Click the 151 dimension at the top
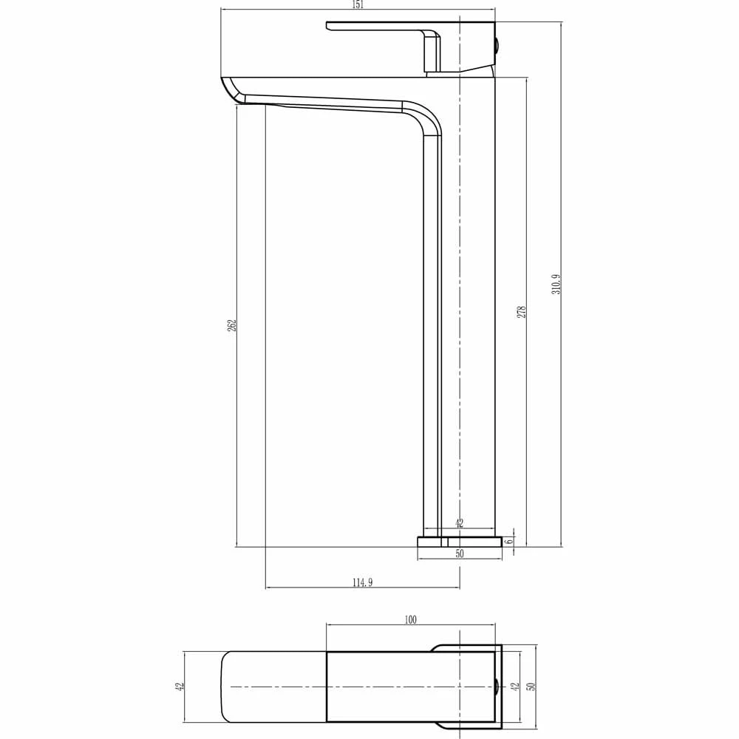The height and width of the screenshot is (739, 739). (358, 4)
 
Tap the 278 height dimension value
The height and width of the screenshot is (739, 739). (521, 312)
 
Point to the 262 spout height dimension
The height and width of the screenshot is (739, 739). (231, 325)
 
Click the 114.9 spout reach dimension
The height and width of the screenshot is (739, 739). (361, 582)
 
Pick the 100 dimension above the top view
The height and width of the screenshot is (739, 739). (411, 619)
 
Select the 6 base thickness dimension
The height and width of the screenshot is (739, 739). (509, 541)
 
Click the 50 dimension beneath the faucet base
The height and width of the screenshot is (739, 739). (460, 553)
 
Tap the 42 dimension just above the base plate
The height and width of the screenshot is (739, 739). (459, 523)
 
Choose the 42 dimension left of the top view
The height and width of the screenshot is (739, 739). (179, 687)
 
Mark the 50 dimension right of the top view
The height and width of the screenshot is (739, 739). (530, 687)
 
